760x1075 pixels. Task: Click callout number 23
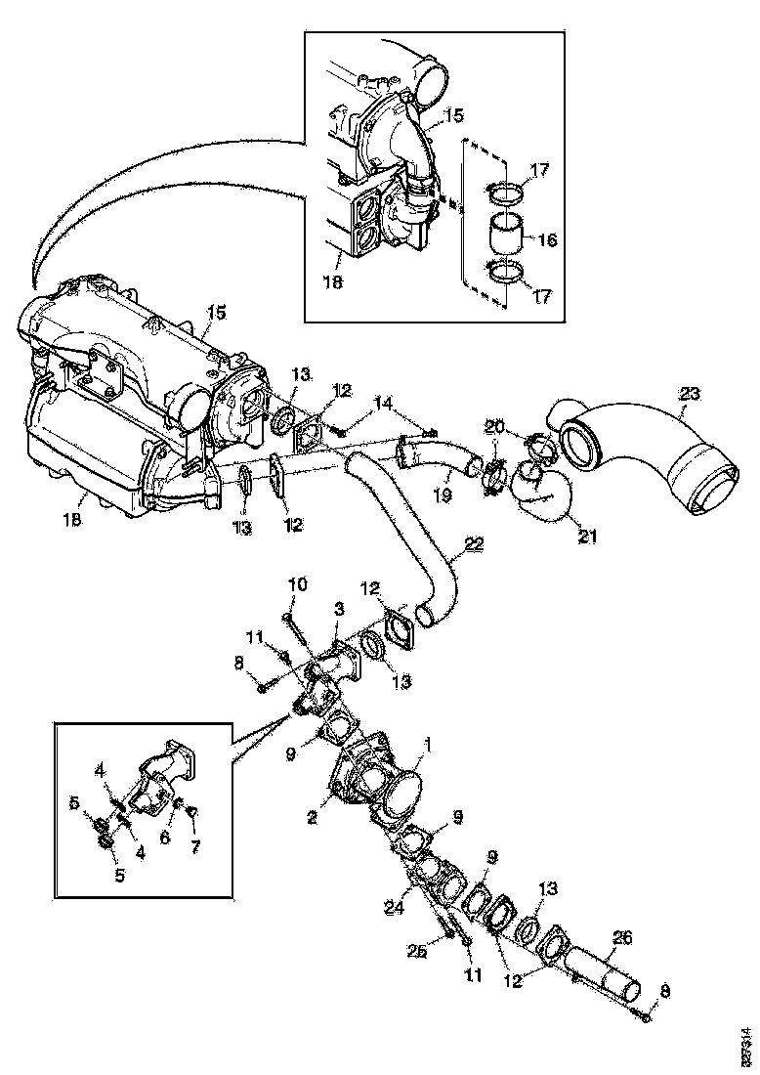pos(690,393)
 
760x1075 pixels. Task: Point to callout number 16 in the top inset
pos(547,238)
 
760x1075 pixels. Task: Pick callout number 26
pos(622,938)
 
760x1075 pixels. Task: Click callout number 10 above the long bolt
pos(297,584)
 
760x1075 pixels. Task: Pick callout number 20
pos(496,426)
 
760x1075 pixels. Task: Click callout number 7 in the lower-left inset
pos(193,846)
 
